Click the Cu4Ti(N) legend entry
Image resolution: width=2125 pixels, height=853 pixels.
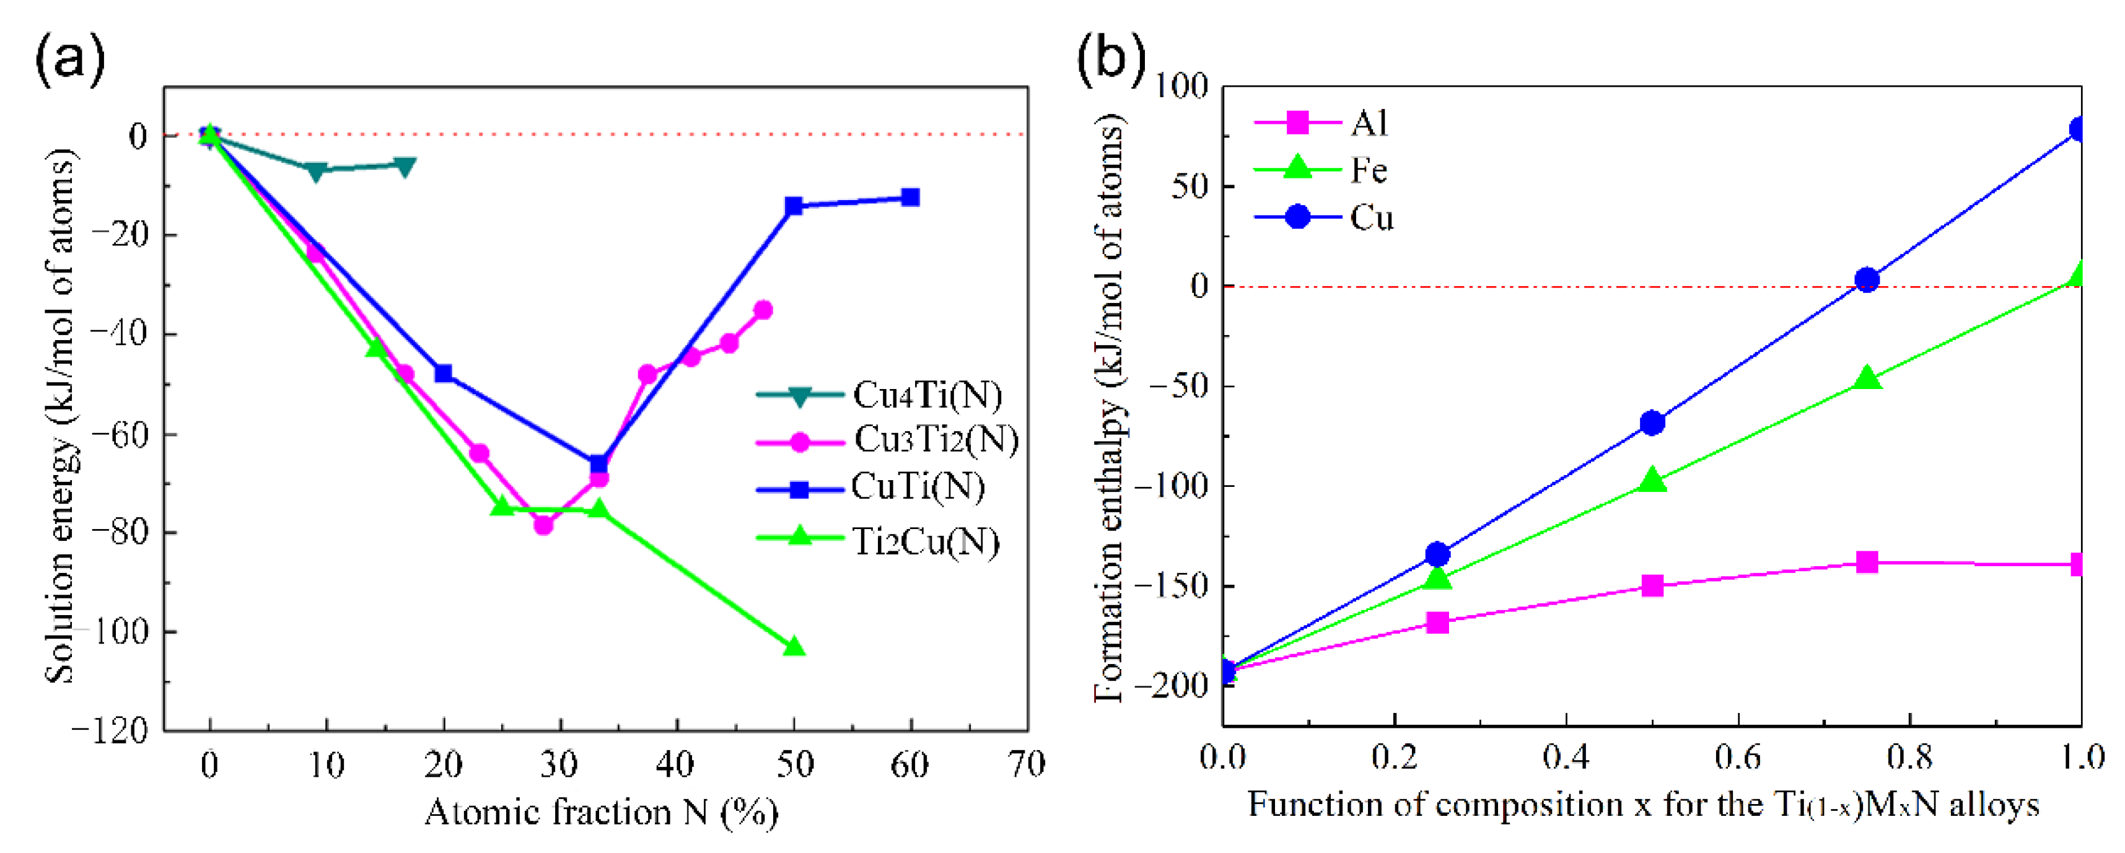[926, 395]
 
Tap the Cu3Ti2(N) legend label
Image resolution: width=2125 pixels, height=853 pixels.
[935, 440]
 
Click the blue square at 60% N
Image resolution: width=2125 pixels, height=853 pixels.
[910, 197]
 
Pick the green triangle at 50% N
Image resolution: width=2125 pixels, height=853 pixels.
[794, 647]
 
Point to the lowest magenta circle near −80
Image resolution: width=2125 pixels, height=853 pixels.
[543, 525]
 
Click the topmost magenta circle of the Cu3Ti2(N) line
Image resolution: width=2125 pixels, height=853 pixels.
[763, 310]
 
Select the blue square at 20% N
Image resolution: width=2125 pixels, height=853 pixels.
[443, 373]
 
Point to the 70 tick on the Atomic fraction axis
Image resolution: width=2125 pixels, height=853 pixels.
[1027, 765]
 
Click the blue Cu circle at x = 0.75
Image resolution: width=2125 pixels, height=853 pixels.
[1866, 279]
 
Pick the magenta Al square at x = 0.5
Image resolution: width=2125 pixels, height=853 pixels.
[1652, 586]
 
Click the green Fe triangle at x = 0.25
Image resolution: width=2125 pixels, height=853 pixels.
[1437, 579]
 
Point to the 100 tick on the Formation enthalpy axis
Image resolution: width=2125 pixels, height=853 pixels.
[1180, 85]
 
